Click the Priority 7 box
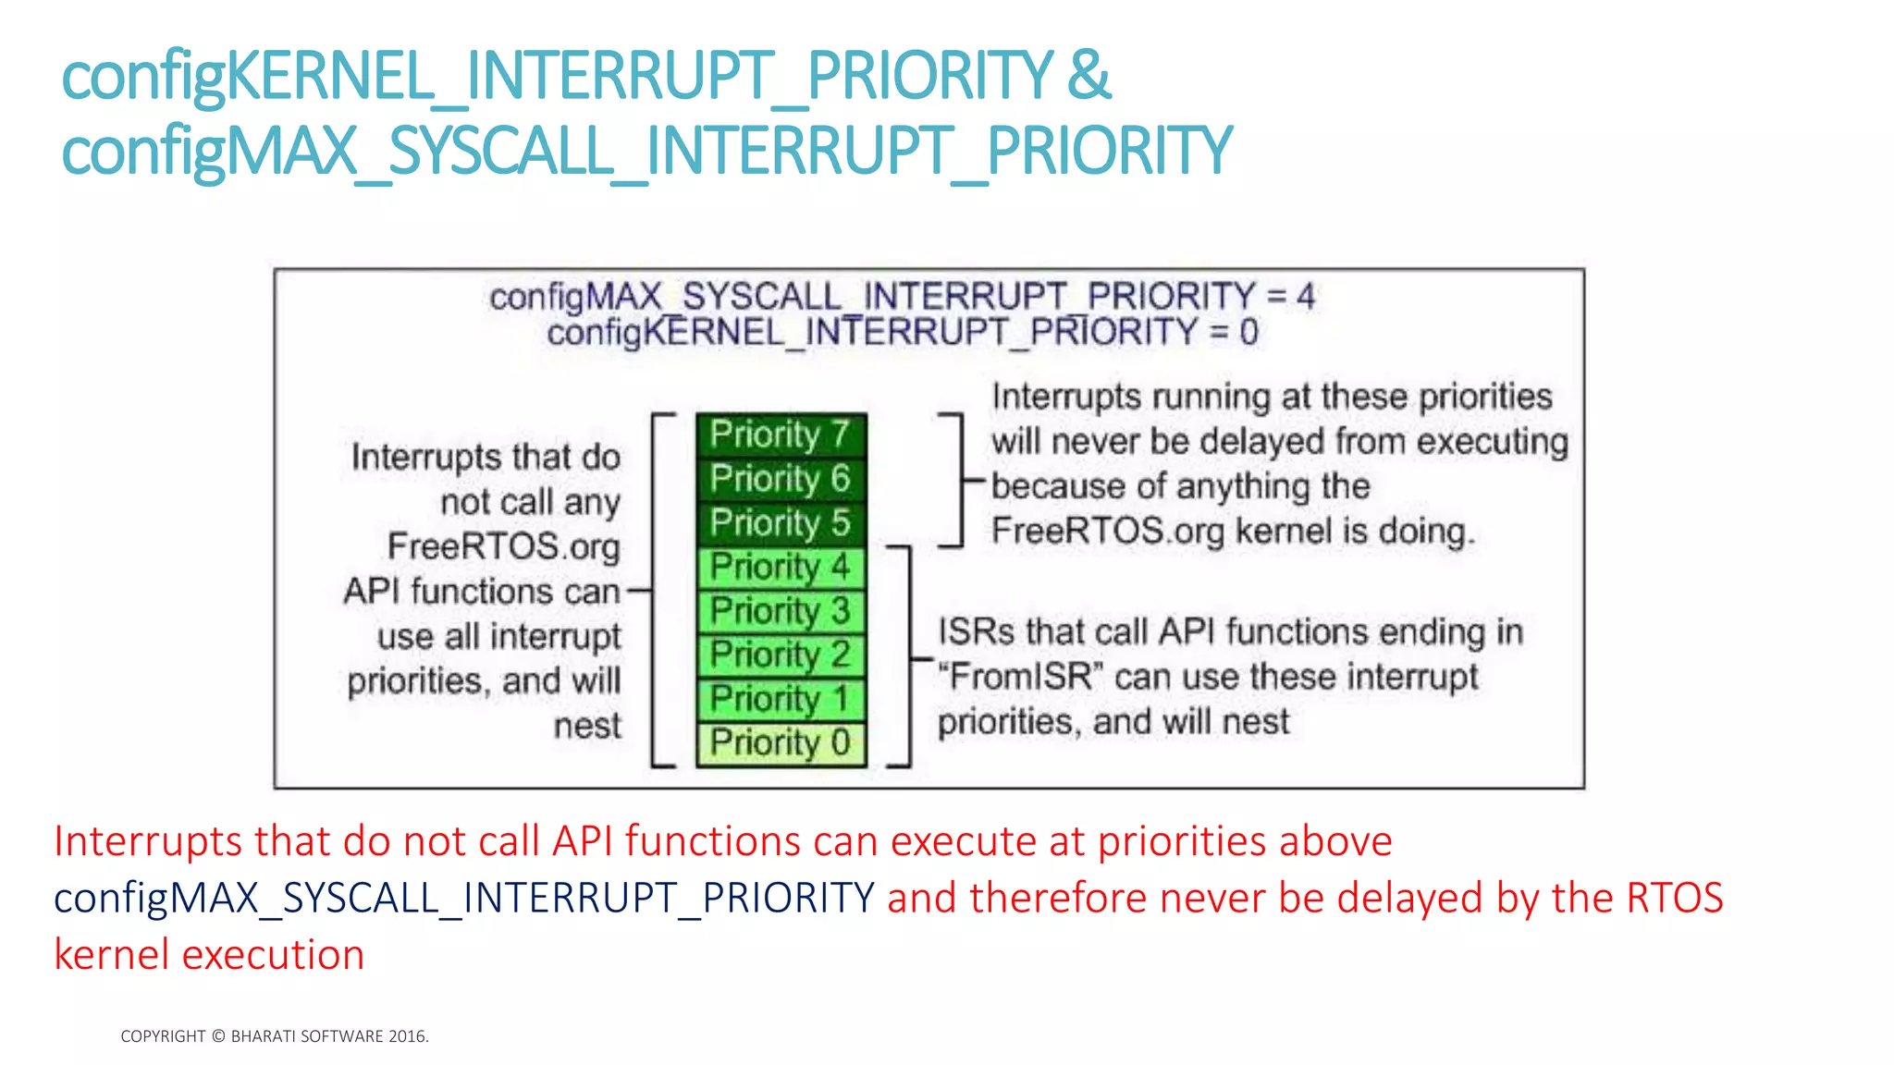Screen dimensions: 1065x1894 [x=780, y=435]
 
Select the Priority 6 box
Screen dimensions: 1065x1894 [x=780, y=479]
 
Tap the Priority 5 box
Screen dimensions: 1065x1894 [x=780, y=523]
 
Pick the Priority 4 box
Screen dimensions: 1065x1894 [x=780, y=567]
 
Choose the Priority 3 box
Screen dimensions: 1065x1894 [x=780, y=611]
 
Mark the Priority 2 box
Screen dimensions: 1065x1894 [x=780, y=655]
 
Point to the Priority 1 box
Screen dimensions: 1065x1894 [x=780, y=699]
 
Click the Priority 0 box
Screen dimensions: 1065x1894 [x=780, y=743]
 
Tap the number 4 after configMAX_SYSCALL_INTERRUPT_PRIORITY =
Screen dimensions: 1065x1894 [x=1305, y=297]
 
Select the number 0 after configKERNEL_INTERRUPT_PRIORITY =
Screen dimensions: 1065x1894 [x=1248, y=332]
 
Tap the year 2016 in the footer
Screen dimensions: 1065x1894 [x=407, y=1036]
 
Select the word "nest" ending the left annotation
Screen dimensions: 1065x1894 [x=587, y=726]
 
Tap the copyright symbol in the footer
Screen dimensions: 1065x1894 [x=218, y=1036]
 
